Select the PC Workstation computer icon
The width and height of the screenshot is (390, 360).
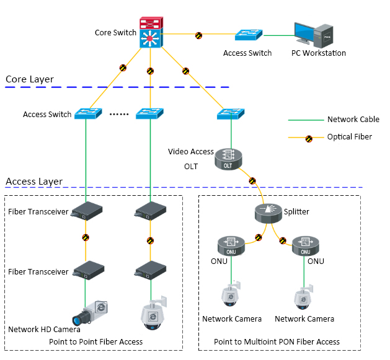point(316,35)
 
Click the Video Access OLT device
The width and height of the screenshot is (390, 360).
point(228,159)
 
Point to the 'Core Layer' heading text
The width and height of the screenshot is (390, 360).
point(30,79)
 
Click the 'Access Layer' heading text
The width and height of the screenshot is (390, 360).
point(34,182)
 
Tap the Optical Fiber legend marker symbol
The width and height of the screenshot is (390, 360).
point(308,137)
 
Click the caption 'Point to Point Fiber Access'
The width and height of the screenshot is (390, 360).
point(96,341)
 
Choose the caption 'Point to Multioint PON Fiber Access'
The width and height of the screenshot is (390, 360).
point(277,341)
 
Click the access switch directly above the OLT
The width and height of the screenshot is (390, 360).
point(231,114)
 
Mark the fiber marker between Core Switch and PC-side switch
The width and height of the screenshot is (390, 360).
point(198,36)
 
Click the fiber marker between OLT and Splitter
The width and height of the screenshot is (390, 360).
point(252,181)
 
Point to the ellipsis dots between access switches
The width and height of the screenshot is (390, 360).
point(118,115)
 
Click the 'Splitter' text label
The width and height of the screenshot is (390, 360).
point(296,212)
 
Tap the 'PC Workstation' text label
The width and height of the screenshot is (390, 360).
point(319,53)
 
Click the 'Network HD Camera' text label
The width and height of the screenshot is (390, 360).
point(44,329)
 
